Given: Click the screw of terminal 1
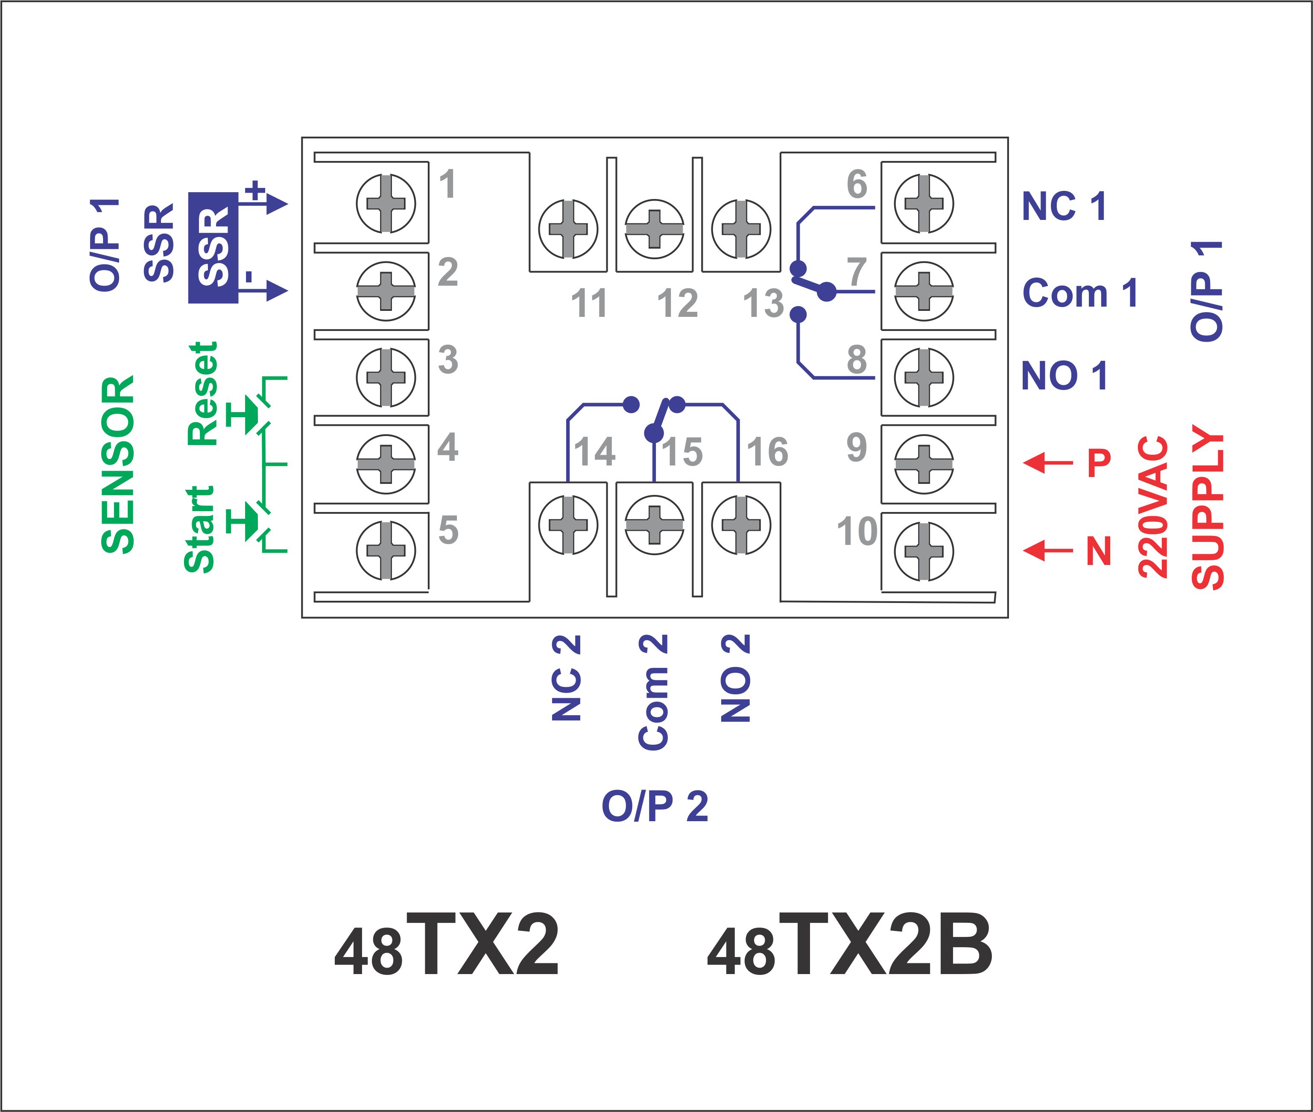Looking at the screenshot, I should point(386,204).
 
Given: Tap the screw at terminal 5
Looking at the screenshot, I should point(386,551).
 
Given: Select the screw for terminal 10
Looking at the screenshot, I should point(924,551).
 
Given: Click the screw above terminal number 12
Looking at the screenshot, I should point(654,229).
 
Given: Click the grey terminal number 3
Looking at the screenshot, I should point(447,359).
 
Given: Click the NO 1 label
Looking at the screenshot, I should point(1064,376).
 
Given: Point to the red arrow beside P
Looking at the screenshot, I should point(1047,463).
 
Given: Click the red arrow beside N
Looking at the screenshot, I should point(1047,550).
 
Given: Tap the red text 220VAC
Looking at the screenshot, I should point(1153,507).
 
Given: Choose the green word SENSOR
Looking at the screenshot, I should point(118,465).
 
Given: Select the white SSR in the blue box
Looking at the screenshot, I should point(213,247).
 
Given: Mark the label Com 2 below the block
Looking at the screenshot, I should point(653,692).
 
